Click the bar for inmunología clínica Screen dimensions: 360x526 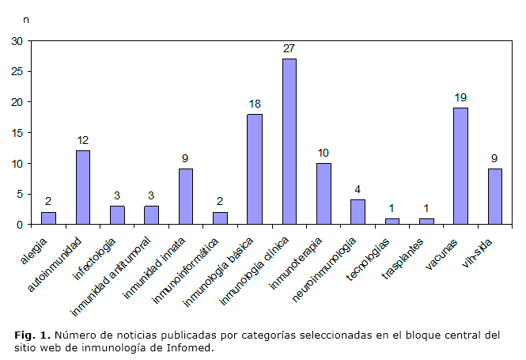pyautogui.click(x=289, y=142)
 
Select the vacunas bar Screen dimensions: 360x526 pyautogui.click(x=460, y=166)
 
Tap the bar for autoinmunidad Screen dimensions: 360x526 pyautogui.click(x=83, y=188)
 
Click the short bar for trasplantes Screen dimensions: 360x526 pyautogui.click(x=426, y=222)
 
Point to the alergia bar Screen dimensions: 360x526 pyautogui.click(x=49, y=218)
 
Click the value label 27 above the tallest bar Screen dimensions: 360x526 pyautogui.click(x=289, y=49)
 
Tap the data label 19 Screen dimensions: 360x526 pyautogui.click(x=460, y=97)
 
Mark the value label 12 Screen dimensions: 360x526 pyautogui.click(x=83, y=140)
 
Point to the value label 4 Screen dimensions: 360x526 pyautogui.click(x=358, y=189)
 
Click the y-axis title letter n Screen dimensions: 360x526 pyautogui.click(x=27, y=17)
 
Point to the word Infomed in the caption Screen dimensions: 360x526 pyautogui.click(x=191, y=347)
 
